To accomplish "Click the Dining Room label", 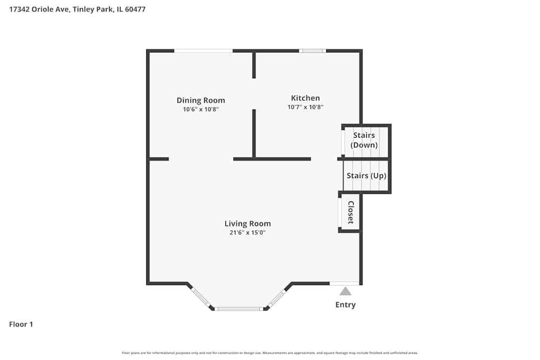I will coord(201,100).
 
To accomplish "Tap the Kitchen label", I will coord(305,98).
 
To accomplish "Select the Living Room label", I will coord(248,223).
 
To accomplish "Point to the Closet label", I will coord(350,212).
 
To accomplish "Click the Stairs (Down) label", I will coord(364,140).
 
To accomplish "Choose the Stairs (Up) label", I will coord(366,176).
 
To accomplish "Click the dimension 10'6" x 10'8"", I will coord(201,109).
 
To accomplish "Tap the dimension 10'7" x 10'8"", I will coord(305,107).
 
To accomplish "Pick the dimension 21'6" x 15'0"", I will coord(248,233).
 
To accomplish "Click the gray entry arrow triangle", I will coord(346,291).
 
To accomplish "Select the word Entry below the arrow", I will coord(346,305).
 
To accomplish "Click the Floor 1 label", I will coord(21,324).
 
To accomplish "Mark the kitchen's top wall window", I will coord(313,51).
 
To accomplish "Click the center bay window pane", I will coord(239,309).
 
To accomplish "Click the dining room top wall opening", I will coord(203,51).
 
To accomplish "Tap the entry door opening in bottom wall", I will coord(345,283).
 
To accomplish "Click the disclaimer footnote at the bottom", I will coord(270,353).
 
